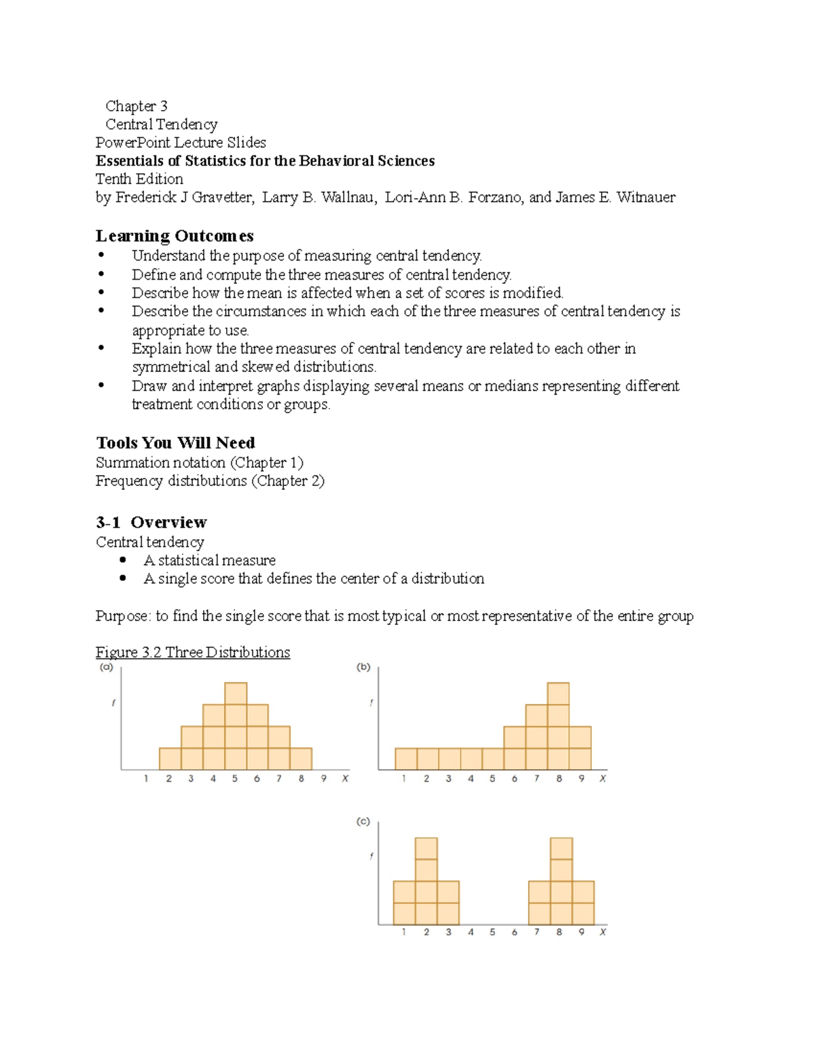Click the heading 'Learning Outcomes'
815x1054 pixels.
click(175, 236)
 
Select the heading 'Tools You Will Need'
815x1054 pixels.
click(175, 443)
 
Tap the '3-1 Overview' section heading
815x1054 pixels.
click(151, 522)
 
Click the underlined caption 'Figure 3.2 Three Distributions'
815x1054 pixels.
click(192, 652)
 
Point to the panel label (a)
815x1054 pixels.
click(106, 667)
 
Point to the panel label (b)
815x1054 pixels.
click(363, 667)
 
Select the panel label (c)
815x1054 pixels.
click(363, 821)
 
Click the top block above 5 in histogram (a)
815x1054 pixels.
click(236, 694)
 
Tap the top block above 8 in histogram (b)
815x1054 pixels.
click(558, 694)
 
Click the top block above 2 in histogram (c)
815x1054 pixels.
click(426, 848)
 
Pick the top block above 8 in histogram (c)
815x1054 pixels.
click(562, 848)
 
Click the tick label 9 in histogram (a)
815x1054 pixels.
click(323, 778)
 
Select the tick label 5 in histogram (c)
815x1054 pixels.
click(492, 932)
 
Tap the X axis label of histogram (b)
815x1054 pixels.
click(602, 778)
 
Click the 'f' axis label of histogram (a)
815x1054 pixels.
click(113, 702)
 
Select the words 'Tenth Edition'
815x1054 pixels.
click(139, 179)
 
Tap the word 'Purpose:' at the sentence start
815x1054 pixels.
click(122, 616)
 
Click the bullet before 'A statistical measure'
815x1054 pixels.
click(123, 560)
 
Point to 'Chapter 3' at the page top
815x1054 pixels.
click(136, 106)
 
